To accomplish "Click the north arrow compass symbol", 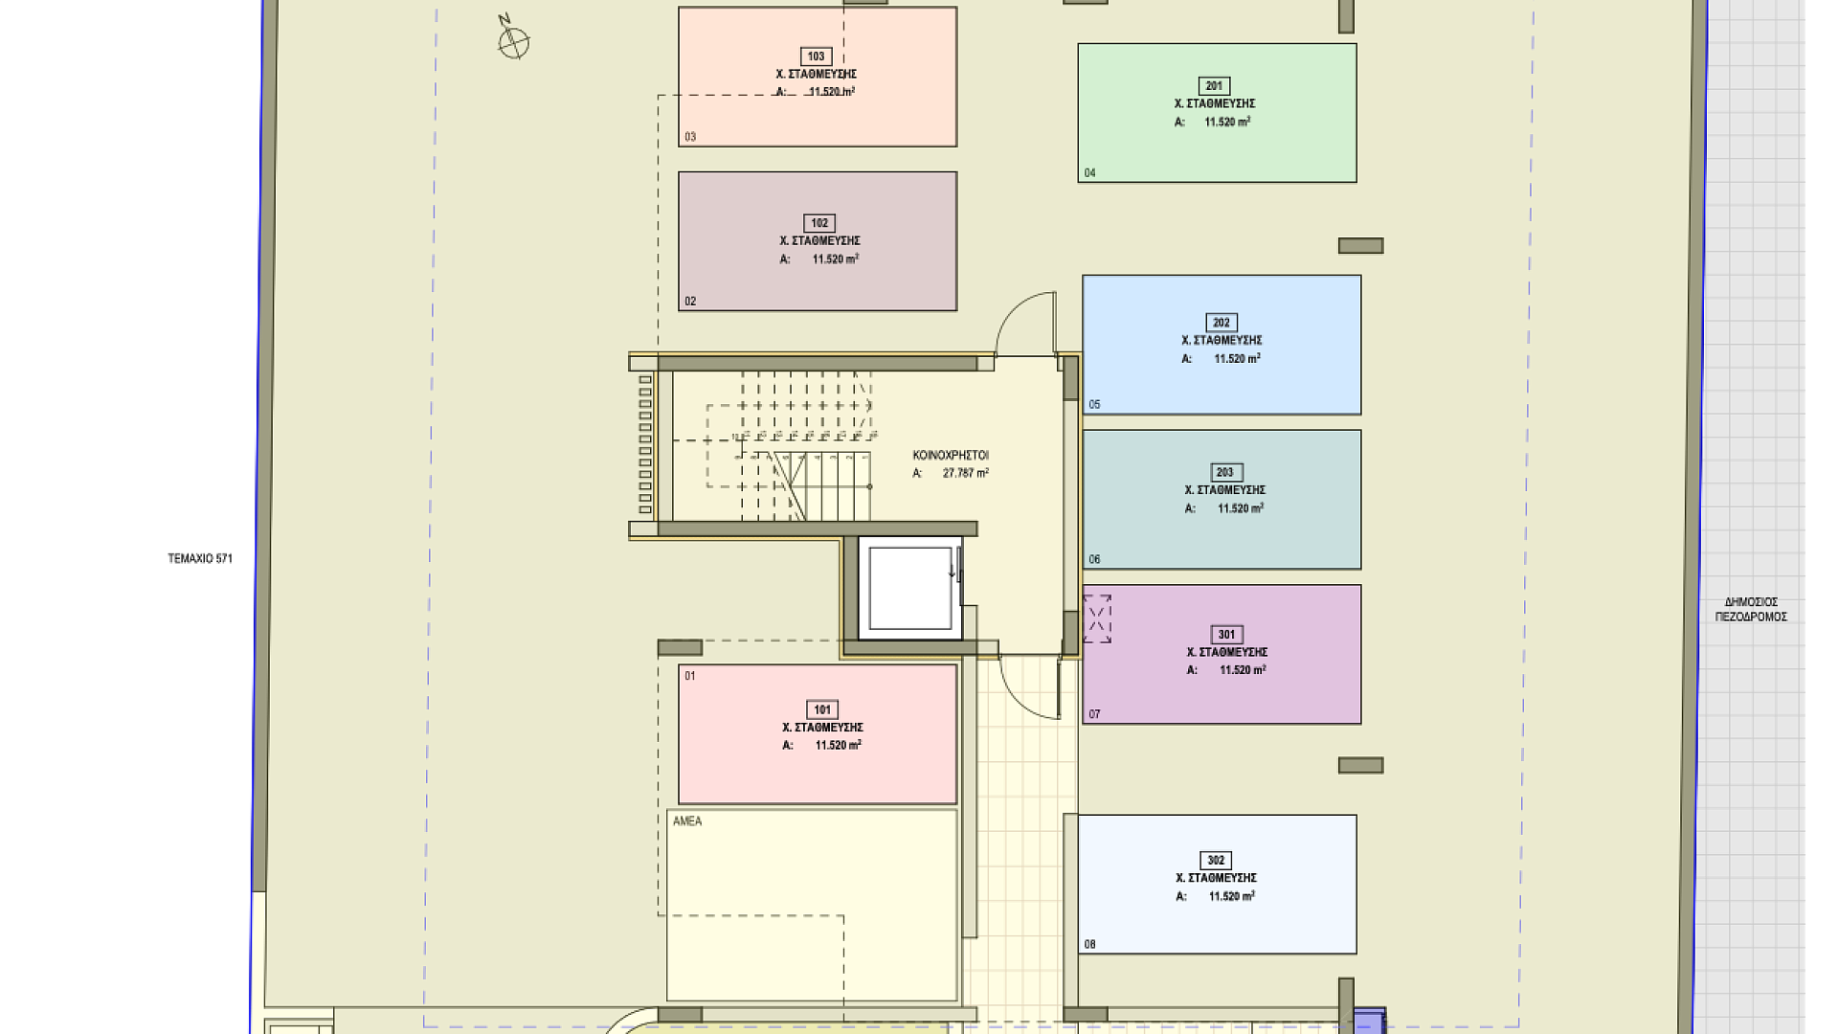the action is click(513, 40).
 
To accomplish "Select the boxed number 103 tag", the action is click(816, 56).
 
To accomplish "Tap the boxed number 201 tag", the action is click(1214, 86).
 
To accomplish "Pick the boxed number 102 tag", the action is click(819, 223).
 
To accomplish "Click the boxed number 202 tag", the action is click(1222, 323).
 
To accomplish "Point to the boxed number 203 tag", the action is click(1225, 472).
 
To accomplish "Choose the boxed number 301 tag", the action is click(1227, 635).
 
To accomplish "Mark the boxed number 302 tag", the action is click(1216, 861).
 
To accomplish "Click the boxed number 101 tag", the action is click(822, 709).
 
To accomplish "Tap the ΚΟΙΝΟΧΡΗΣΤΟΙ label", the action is click(951, 456).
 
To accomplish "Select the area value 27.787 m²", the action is click(965, 473).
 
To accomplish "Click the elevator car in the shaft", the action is click(910, 589).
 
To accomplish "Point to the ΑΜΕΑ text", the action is click(687, 821).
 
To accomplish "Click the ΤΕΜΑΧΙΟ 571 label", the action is click(200, 559).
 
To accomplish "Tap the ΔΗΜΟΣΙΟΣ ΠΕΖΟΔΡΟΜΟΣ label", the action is click(1751, 610).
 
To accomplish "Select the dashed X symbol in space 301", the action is click(1098, 618).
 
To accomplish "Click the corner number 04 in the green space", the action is click(1090, 173).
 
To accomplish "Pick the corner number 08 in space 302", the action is click(1090, 945).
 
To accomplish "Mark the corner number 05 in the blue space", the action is click(1095, 405).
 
